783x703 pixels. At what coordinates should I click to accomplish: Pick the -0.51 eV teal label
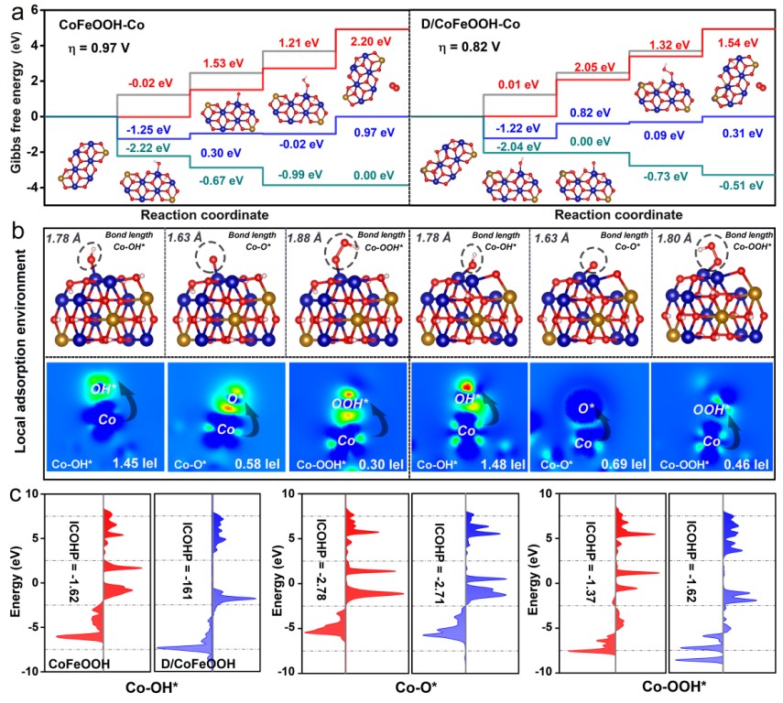click(744, 185)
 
